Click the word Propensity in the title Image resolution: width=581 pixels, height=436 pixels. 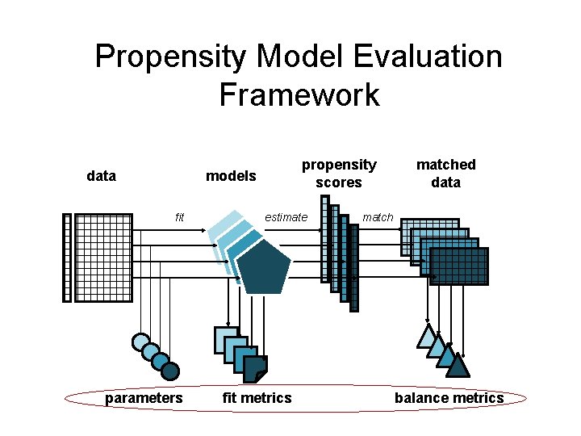[x=169, y=57]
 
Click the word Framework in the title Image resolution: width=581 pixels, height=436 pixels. [x=299, y=94]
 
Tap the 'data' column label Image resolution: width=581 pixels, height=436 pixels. [x=101, y=175]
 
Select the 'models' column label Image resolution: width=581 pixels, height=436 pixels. [x=231, y=175]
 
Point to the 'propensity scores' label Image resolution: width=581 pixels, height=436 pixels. [x=339, y=174]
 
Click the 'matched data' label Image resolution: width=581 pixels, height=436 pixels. [x=445, y=174]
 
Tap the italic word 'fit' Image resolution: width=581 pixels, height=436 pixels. [x=180, y=216]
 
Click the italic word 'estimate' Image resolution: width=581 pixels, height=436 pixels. [x=286, y=216]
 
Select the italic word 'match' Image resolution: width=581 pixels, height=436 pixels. [x=378, y=216]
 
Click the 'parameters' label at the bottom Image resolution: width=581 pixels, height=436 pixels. [x=144, y=397]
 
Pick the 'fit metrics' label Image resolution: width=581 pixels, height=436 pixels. [x=257, y=397]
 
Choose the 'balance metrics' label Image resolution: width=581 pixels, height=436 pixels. [x=449, y=397]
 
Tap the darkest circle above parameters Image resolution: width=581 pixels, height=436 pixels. [x=170, y=371]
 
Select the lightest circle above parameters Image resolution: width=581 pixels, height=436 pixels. [x=141, y=342]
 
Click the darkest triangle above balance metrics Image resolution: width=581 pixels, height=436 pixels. [x=458, y=367]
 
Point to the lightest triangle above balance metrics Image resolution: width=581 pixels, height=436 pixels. [x=426, y=337]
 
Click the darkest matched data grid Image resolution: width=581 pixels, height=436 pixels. [x=459, y=266]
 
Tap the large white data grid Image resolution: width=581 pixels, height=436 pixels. [x=103, y=258]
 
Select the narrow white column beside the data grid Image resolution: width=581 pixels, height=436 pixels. [x=67, y=258]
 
